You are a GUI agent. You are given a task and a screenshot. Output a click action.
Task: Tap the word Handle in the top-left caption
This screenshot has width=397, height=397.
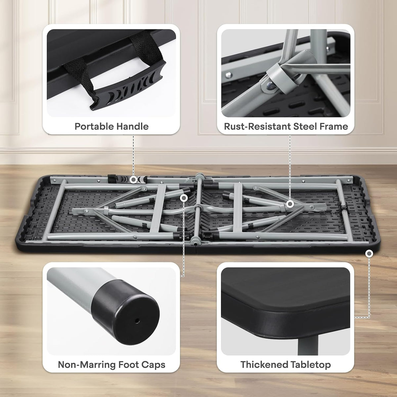coord(132,126)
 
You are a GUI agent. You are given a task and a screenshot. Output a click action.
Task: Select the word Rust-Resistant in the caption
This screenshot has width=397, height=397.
coord(257,126)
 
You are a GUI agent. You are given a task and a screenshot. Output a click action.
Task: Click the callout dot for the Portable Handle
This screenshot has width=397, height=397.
coord(134,180)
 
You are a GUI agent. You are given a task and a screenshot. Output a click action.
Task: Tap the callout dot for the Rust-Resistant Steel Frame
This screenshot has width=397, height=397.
coord(290,204)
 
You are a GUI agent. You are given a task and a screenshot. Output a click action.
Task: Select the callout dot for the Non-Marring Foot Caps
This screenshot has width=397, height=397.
coord(184,198)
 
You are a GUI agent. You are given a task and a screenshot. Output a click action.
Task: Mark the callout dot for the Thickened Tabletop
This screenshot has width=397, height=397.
coord(369,253)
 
